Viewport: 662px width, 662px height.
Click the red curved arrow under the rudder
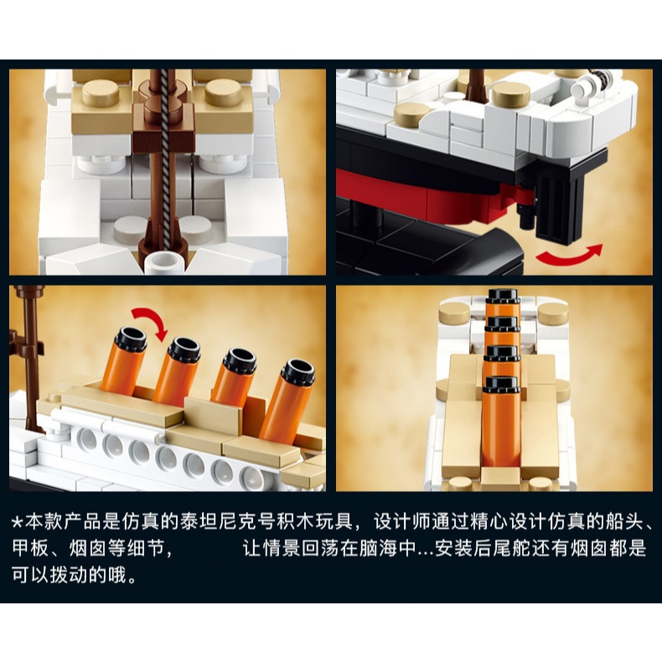point(568,256)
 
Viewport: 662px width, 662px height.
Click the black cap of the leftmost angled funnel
point(131,339)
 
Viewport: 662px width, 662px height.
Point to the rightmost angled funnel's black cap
point(298,372)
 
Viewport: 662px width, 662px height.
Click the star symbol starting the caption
point(17,523)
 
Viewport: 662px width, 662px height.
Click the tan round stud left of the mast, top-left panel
point(101,92)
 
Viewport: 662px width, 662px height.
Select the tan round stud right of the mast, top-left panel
point(225,92)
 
